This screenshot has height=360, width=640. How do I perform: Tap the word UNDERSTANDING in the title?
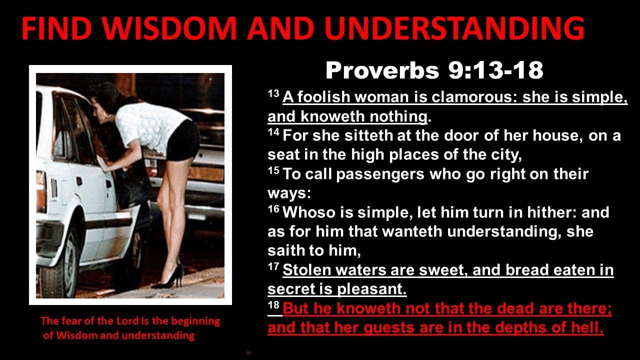[x=454, y=28]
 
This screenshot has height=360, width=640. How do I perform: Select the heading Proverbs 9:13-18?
[x=434, y=70]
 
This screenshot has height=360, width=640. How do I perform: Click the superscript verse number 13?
[x=273, y=93]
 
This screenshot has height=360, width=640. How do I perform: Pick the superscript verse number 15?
[x=273, y=170]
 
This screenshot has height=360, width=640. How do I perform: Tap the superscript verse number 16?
[x=273, y=209]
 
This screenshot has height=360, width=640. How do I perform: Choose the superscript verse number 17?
[x=273, y=267]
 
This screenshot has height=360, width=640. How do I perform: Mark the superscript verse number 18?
[x=273, y=305]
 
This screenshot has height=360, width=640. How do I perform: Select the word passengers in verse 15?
[x=380, y=175]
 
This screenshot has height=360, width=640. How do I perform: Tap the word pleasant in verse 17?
[x=371, y=289]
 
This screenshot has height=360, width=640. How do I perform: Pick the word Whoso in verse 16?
[x=308, y=212]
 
